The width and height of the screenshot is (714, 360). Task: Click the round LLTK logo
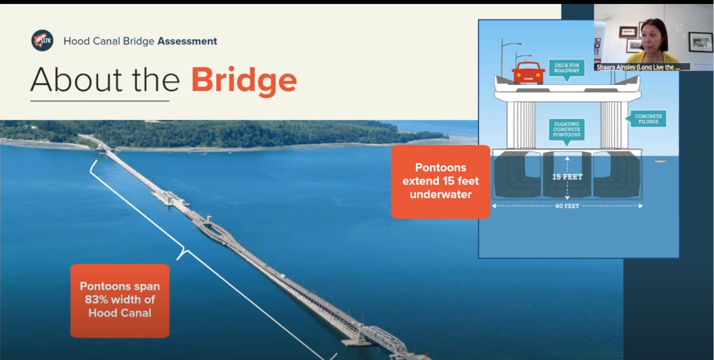(42, 41)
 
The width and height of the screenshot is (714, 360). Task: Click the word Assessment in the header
(187, 41)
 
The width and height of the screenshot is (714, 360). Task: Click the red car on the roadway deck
(528, 73)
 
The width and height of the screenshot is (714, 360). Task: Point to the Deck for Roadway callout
(567, 67)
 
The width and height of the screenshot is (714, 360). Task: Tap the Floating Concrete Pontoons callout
(567, 129)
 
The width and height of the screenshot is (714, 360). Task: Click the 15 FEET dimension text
(567, 177)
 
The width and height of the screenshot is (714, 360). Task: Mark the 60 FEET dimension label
(567, 206)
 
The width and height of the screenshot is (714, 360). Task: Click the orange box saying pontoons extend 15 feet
(440, 181)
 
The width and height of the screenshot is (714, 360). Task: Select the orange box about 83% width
(120, 300)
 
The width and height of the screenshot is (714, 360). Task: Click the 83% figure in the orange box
(96, 300)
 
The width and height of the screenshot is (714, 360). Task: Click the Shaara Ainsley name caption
(638, 67)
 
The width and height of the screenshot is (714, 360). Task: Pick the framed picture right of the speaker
(700, 42)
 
